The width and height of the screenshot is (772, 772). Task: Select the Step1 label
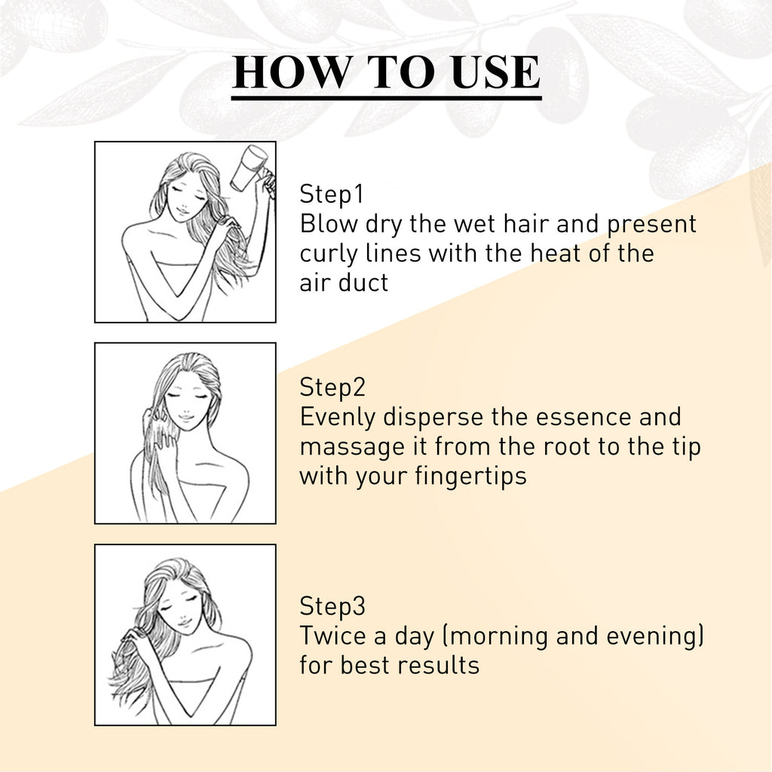click(332, 194)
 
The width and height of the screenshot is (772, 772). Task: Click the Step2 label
click(332, 387)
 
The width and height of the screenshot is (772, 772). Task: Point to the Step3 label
click(332, 605)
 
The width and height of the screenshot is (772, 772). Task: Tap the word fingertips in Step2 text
click(470, 476)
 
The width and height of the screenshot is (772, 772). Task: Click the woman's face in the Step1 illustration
click(186, 197)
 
